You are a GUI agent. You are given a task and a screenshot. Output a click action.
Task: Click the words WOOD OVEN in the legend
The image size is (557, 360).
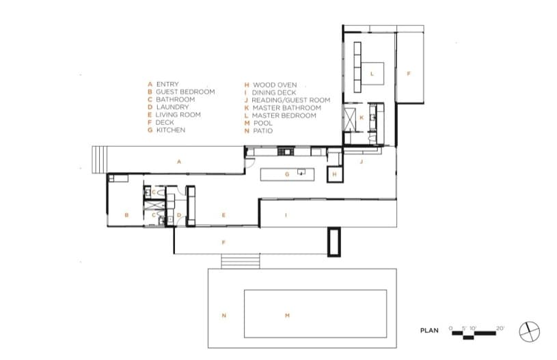pyautogui.click(x=275, y=85)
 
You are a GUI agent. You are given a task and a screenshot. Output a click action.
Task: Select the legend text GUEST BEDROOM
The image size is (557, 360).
pyautogui.click(x=185, y=92)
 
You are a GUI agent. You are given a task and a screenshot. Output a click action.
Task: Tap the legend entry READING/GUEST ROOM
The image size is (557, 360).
pyautogui.click(x=291, y=100)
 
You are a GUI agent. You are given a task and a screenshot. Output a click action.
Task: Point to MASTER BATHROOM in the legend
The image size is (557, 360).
pyautogui.click(x=286, y=107)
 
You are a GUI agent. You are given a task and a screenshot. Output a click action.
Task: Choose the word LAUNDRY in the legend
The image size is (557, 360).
pyautogui.click(x=173, y=107)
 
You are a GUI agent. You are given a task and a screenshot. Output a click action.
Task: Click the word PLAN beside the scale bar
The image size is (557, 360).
pyautogui.click(x=429, y=331)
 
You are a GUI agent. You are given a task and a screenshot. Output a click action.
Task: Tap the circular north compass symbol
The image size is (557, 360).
pyautogui.click(x=529, y=332)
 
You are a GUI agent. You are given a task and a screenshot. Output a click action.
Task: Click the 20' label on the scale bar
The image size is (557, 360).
pyautogui.click(x=500, y=329)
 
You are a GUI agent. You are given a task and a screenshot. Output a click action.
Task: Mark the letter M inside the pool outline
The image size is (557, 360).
pyautogui.click(x=287, y=316)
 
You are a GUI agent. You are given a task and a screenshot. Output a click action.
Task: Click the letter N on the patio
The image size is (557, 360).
pyautogui.click(x=223, y=316)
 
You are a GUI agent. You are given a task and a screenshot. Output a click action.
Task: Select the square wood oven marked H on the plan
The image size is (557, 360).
pyautogui.click(x=335, y=174)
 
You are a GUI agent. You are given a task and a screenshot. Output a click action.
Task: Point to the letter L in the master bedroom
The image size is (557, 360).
pyautogui.click(x=372, y=74)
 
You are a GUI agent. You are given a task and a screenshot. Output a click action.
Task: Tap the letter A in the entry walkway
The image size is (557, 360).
pyautogui.click(x=179, y=162)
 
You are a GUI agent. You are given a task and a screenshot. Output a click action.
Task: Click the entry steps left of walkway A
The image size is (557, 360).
pyautogui.click(x=100, y=160)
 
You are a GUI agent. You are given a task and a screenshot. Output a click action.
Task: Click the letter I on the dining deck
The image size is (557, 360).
pyautogui.click(x=286, y=214)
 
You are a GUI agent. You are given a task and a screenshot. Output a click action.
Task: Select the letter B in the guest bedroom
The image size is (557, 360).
pyautogui.click(x=126, y=214)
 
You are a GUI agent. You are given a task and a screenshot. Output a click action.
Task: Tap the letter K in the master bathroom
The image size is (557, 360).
pyautogui.click(x=362, y=117)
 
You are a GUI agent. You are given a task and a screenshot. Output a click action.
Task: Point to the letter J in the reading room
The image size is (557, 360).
pyautogui.click(x=362, y=162)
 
